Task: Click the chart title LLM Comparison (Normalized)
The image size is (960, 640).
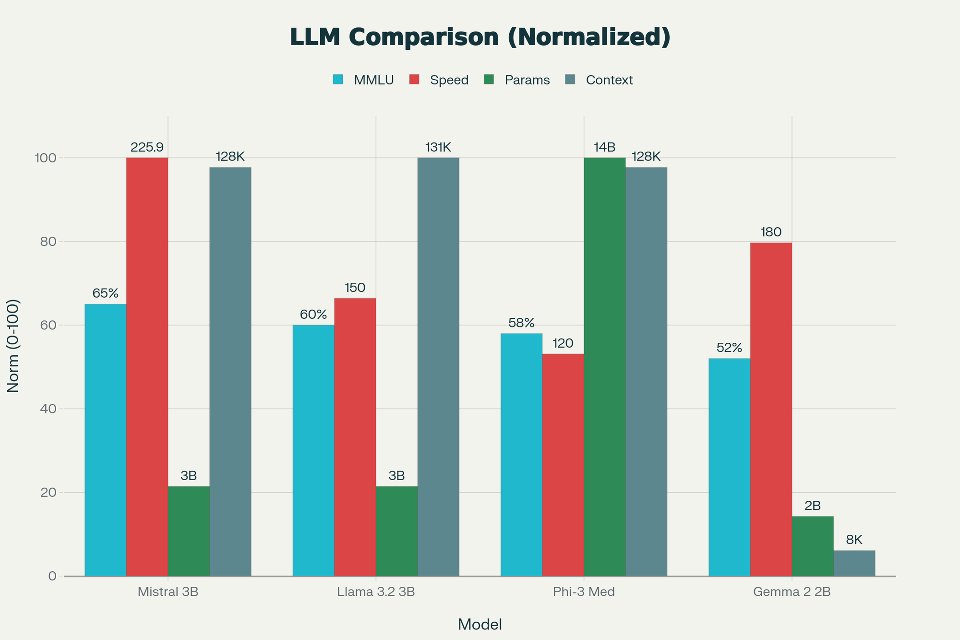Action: pyautogui.click(x=480, y=37)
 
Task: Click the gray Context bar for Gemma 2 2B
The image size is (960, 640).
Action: pyautogui.click(x=854, y=563)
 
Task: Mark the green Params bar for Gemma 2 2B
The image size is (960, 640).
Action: pyautogui.click(x=812, y=546)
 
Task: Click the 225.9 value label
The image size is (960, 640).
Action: pyautogui.click(x=147, y=147)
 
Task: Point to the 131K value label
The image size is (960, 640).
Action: pyautogui.click(x=438, y=147)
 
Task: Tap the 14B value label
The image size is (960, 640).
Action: pyautogui.click(x=604, y=147)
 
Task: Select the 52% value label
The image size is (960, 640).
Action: pyautogui.click(x=729, y=348)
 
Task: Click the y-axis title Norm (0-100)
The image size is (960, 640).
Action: pyautogui.click(x=13, y=346)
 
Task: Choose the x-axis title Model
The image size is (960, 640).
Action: pyautogui.click(x=480, y=625)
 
